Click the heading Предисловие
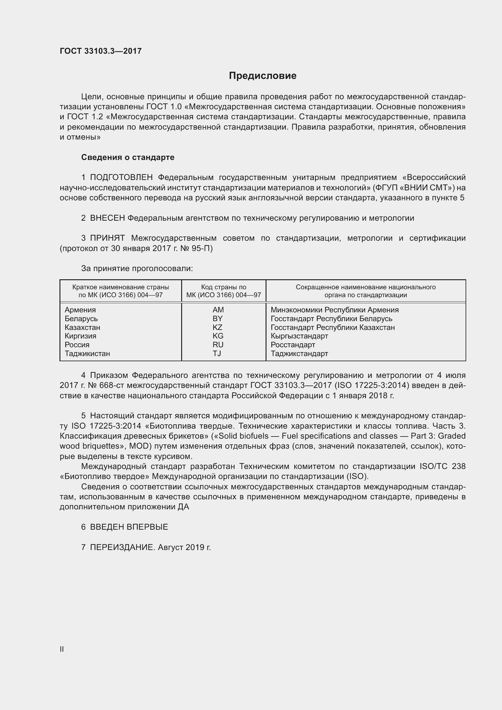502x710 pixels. (x=263, y=76)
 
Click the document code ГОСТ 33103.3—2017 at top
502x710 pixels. (x=100, y=51)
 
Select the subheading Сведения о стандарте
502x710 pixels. (x=128, y=158)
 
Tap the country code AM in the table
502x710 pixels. (x=218, y=310)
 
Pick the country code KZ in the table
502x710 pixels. (x=217, y=327)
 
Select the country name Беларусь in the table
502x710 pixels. (x=81, y=318)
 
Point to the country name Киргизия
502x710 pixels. (x=80, y=336)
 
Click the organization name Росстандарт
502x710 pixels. (x=293, y=345)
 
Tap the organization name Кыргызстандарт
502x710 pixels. (x=299, y=336)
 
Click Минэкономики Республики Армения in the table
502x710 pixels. (x=334, y=310)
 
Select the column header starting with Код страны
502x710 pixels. (x=223, y=291)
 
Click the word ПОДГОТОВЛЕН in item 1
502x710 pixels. (x=121, y=178)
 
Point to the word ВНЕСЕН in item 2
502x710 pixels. (x=107, y=218)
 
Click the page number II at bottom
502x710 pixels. (x=62, y=649)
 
